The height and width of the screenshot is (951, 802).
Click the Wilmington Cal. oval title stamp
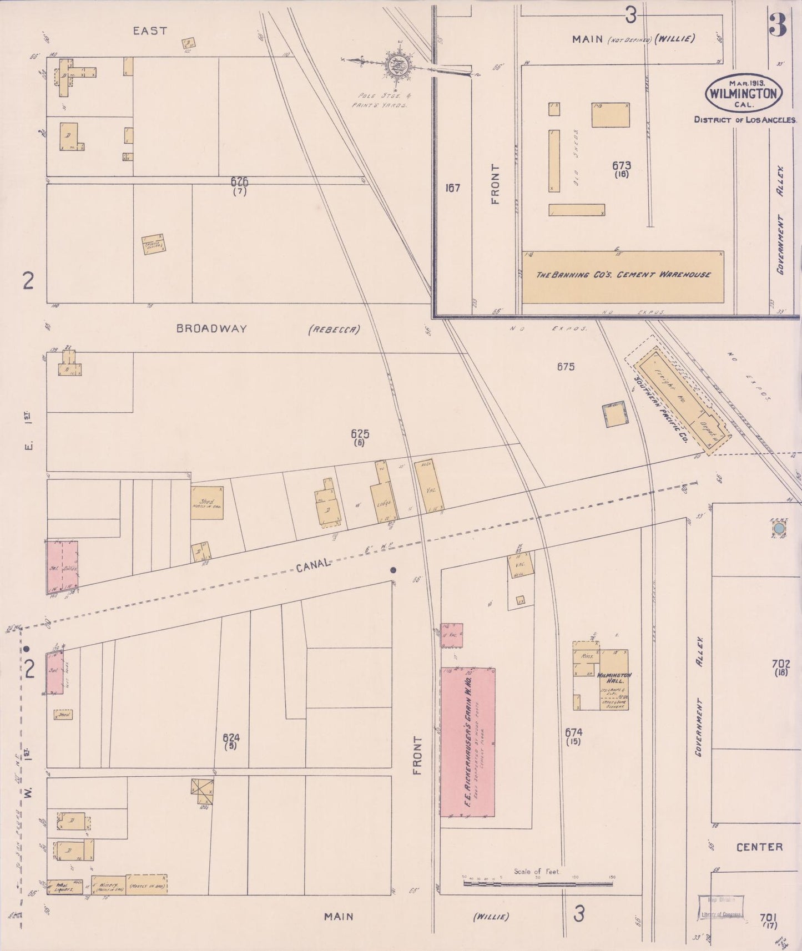tap(744, 93)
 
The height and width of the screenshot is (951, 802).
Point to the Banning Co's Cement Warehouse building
tap(623, 276)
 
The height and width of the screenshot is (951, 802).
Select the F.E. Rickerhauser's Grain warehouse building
tap(467, 741)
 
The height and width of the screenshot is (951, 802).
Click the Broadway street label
tap(211, 328)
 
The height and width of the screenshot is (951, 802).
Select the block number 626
tap(240, 181)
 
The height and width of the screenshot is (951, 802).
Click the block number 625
tap(360, 433)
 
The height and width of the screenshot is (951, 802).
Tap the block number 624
tap(230, 738)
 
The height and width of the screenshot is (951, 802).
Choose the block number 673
tap(622, 165)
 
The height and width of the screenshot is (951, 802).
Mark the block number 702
tap(780, 664)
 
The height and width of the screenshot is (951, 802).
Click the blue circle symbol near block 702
tap(780, 528)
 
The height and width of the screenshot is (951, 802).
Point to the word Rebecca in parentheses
tap(334, 329)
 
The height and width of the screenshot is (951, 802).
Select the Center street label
tap(759, 847)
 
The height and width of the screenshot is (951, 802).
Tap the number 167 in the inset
tap(453, 188)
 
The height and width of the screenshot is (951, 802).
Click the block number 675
tap(566, 366)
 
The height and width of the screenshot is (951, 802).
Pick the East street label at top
tap(149, 31)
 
